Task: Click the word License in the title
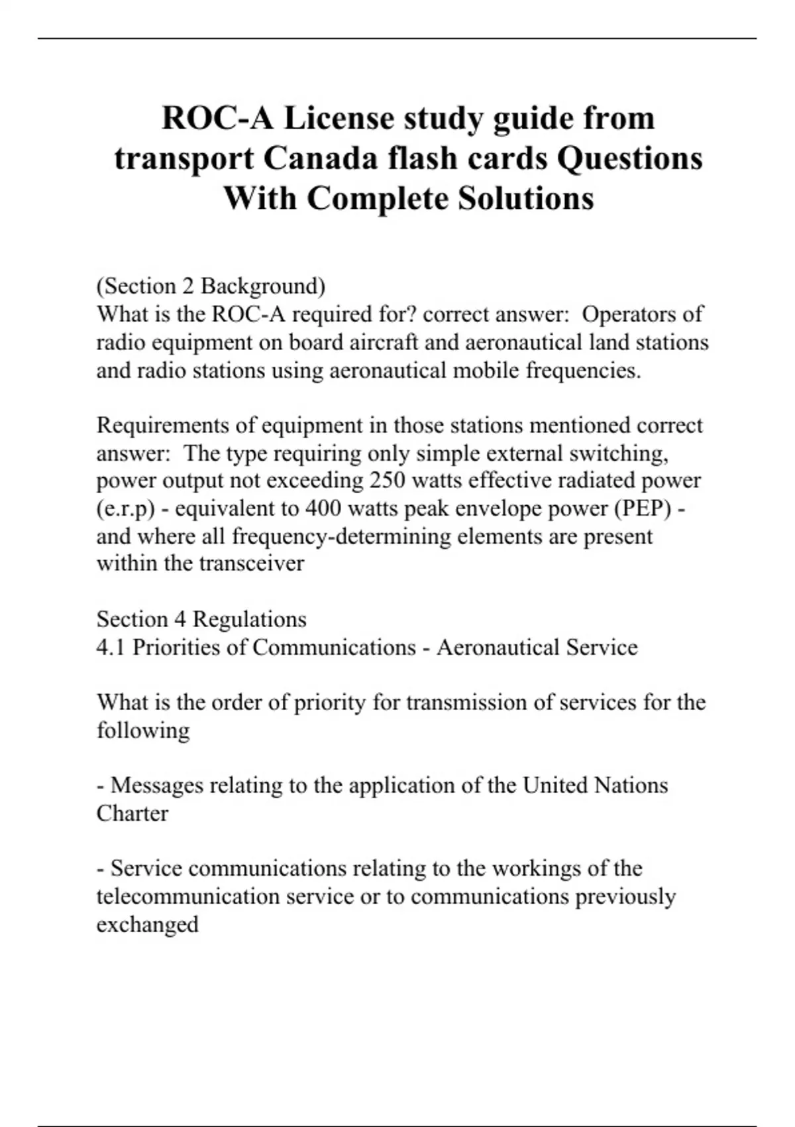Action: (x=339, y=119)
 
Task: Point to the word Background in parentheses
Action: (x=263, y=286)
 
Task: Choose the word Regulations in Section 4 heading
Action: (x=250, y=619)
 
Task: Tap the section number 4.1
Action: (x=111, y=647)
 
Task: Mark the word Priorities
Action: (x=176, y=647)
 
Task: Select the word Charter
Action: (x=132, y=813)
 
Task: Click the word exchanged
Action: (x=147, y=924)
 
